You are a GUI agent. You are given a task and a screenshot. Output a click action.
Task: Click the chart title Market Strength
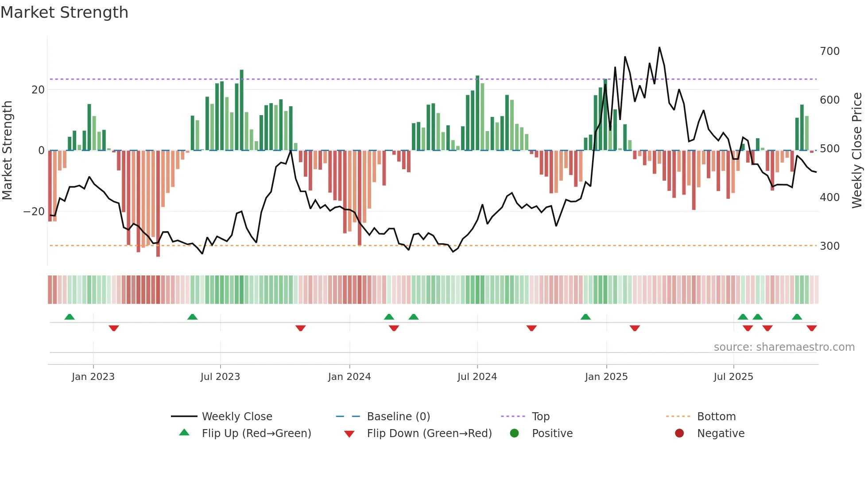[x=64, y=12]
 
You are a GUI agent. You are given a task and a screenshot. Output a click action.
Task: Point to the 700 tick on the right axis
[x=829, y=51]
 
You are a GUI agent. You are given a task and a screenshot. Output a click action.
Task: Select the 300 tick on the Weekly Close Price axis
[x=829, y=246]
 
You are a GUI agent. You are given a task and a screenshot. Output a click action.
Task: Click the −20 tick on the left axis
[x=34, y=212]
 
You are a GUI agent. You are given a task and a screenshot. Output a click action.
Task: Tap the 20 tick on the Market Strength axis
[x=38, y=90]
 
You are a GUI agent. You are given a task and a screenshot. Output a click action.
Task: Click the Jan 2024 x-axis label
[x=349, y=377]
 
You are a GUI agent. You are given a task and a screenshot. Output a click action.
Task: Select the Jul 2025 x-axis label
[x=733, y=377]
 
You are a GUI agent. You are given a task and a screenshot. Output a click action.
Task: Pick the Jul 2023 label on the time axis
[x=220, y=377]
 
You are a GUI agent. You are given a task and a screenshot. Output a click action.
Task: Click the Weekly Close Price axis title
[x=857, y=151]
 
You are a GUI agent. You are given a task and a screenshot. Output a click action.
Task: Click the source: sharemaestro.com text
[x=784, y=347]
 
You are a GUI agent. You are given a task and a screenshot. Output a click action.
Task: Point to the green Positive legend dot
[x=514, y=434]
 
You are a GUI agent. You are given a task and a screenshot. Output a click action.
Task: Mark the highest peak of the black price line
[x=659, y=48]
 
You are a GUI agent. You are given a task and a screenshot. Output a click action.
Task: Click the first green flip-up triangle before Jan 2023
[x=70, y=317]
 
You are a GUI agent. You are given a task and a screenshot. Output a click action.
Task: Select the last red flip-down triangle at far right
[x=811, y=328]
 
